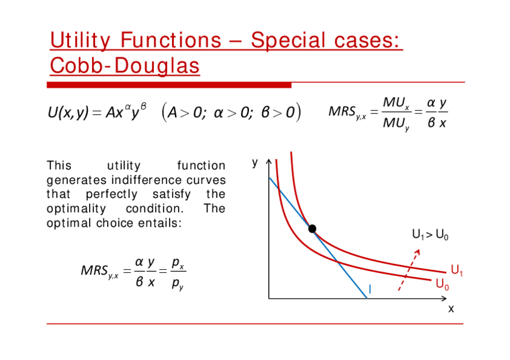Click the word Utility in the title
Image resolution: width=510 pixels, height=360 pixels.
81,41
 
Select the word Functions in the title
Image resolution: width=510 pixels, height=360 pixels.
171,40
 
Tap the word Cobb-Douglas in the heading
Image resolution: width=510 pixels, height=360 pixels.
124,66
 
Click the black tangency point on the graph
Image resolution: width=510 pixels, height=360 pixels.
312,229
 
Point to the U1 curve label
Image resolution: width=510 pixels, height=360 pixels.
456,270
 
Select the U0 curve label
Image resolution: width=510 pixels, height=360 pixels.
443,284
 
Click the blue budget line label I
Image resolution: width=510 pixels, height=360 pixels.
370,289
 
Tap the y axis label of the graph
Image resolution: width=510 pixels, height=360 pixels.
255,163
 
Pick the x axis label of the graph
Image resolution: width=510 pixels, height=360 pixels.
451,309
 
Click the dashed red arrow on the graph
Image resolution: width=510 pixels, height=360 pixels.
409,270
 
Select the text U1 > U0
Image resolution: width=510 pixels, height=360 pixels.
430,234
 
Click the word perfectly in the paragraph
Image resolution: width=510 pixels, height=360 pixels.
112,194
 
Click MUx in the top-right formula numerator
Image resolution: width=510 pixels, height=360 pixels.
396,103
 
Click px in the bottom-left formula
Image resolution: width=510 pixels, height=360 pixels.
178,263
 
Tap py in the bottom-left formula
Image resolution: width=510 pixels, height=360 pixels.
177,284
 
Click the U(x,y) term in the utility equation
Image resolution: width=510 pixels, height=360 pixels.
68,112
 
